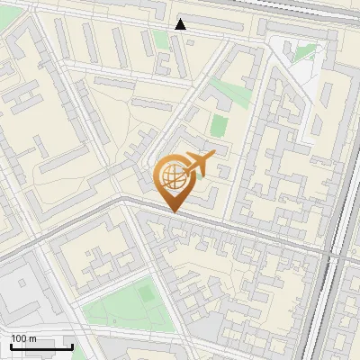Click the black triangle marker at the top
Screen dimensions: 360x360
click(x=181, y=24)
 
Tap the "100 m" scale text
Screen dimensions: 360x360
click(x=23, y=338)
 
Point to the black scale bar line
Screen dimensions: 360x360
click(x=41, y=346)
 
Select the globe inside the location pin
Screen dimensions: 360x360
click(x=172, y=175)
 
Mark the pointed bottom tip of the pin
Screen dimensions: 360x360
click(x=174, y=211)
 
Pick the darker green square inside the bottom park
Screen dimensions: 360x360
click(x=145, y=293)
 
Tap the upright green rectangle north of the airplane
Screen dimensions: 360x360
click(x=219, y=125)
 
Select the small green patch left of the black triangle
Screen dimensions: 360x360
click(x=160, y=39)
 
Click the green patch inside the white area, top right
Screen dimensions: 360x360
click(x=304, y=53)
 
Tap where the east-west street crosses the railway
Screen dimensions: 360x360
click(x=335, y=256)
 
